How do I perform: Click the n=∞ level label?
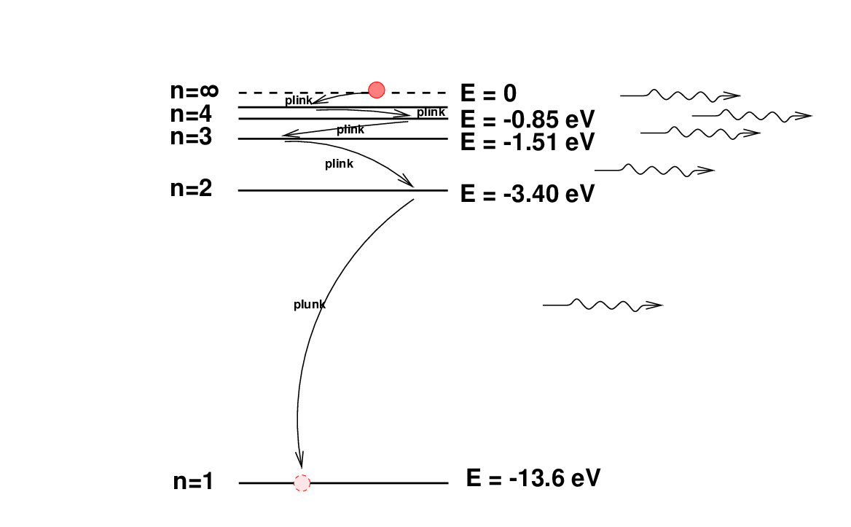point(195,90)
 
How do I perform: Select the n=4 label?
point(191,114)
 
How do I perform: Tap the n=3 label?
point(191,137)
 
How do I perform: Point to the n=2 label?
point(191,188)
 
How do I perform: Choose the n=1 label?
point(193,481)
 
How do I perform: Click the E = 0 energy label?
point(488,93)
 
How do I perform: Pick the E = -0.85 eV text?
point(528,120)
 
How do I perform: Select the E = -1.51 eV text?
point(528,142)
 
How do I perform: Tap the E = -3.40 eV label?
point(528,194)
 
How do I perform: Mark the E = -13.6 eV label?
point(533,478)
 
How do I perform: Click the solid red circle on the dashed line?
point(376,90)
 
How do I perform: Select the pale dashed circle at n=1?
point(302,483)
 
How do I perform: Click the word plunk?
point(310,305)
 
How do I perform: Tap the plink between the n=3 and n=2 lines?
point(340,163)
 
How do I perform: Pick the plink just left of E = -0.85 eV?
point(431,112)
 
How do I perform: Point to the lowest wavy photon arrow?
point(603,305)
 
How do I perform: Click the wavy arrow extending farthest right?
point(752,116)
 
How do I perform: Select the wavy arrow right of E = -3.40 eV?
point(654,170)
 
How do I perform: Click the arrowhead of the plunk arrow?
point(299,459)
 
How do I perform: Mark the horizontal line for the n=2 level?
point(343,190)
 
